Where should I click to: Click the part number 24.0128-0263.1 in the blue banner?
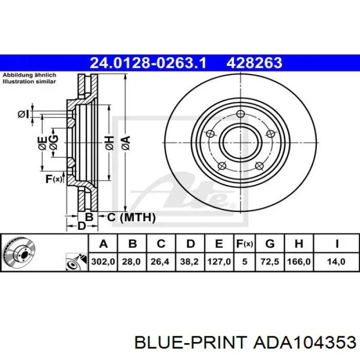click(148, 63)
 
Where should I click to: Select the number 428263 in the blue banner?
click(255, 63)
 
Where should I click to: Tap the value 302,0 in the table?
click(103, 261)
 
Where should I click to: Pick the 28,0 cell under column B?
click(131, 261)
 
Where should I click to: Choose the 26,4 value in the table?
click(160, 261)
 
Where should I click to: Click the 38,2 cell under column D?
click(189, 261)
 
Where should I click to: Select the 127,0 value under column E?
click(219, 261)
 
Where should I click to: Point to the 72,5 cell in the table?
click(270, 261)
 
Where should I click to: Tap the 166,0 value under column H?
click(299, 261)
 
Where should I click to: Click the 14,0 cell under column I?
click(336, 261)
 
